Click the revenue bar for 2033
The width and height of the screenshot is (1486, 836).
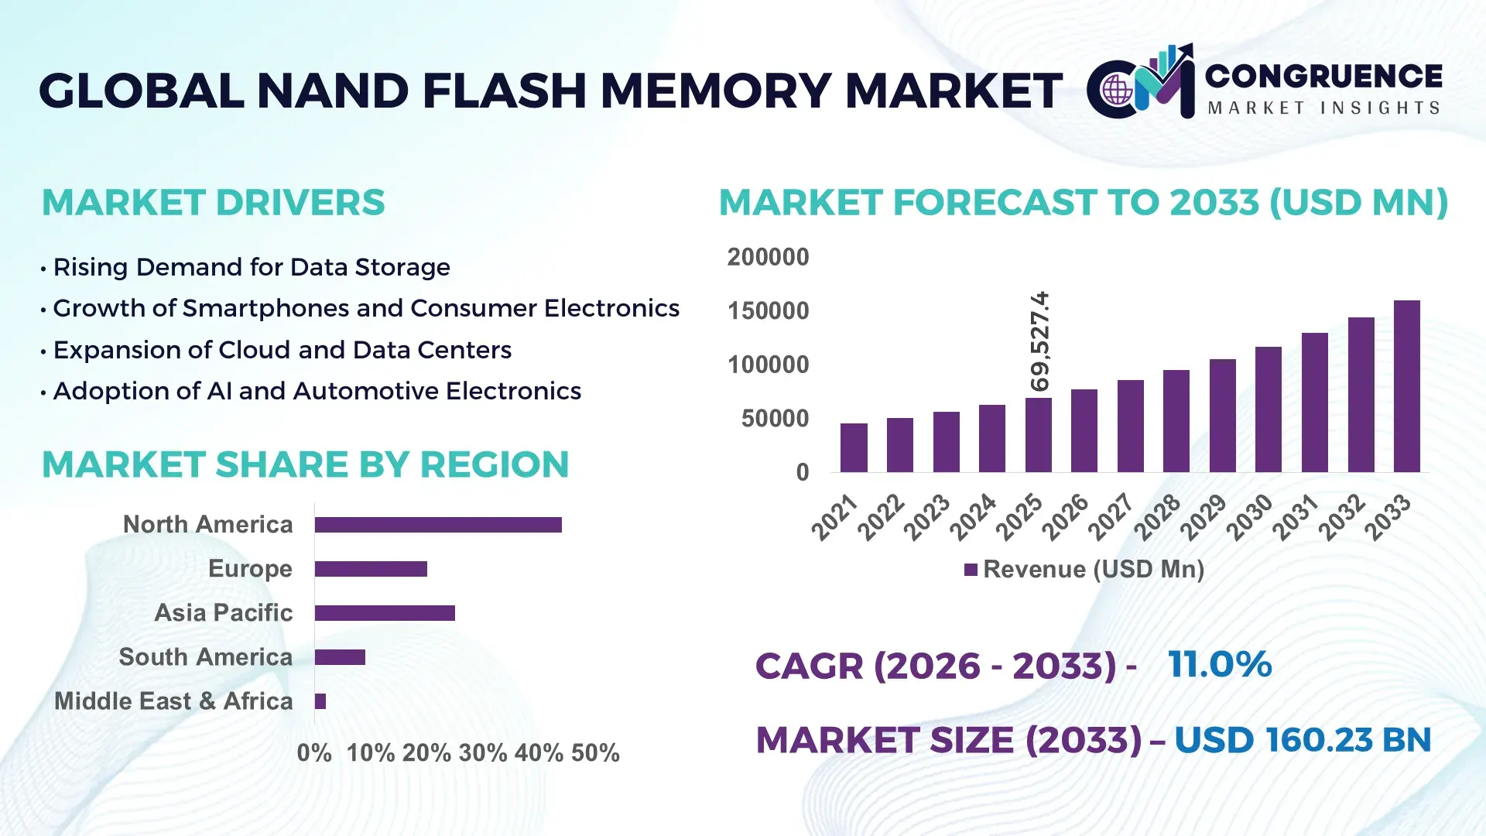pyautogui.click(x=1406, y=387)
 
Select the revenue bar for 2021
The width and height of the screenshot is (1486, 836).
pyautogui.click(x=854, y=448)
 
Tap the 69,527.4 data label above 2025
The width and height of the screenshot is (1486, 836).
pyautogui.click(x=1039, y=341)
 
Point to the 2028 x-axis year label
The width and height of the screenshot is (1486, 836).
pyautogui.click(x=1158, y=516)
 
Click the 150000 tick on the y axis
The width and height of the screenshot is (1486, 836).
pyautogui.click(x=768, y=311)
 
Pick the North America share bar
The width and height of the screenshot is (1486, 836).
pyautogui.click(x=438, y=525)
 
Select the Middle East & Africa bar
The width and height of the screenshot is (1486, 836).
pyautogui.click(x=320, y=701)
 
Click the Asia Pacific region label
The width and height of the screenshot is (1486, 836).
pyautogui.click(x=223, y=612)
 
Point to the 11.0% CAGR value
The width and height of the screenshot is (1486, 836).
pyautogui.click(x=1219, y=664)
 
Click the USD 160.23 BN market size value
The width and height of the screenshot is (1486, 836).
pyautogui.click(x=1303, y=739)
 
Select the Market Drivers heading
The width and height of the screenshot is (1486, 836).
pyautogui.click(x=213, y=203)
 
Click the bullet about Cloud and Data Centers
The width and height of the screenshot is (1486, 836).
pyautogui.click(x=282, y=350)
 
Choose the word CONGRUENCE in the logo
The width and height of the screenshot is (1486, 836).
pyautogui.click(x=1323, y=76)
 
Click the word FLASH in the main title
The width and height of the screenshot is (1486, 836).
pyautogui.click(x=505, y=91)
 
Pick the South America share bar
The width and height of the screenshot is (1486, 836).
pyautogui.click(x=340, y=657)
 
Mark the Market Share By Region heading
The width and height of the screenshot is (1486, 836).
pyautogui.click(x=305, y=464)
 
